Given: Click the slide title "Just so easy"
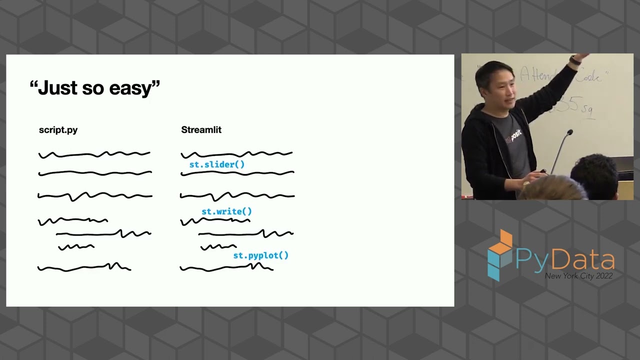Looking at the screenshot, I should click(95, 88).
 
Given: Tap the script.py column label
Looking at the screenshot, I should click(58, 130).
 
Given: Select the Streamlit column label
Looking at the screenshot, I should click(201, 130).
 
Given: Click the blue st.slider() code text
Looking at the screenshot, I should click(217, 164).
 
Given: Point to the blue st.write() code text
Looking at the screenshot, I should click(226, 211).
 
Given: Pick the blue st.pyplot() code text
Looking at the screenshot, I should click(260, 255).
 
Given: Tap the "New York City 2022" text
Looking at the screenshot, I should click(578, 276).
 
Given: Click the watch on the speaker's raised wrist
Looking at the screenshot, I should click(575, 60).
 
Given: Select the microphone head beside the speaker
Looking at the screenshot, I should click(569, 133).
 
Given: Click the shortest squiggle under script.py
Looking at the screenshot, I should click(76, 246).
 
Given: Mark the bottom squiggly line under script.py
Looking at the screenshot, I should click(84, 268).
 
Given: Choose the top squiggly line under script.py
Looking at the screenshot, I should click(94, 154).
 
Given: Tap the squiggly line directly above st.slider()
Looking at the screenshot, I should click(236, 154).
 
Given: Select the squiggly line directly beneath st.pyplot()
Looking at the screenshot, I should click(226, 268).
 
